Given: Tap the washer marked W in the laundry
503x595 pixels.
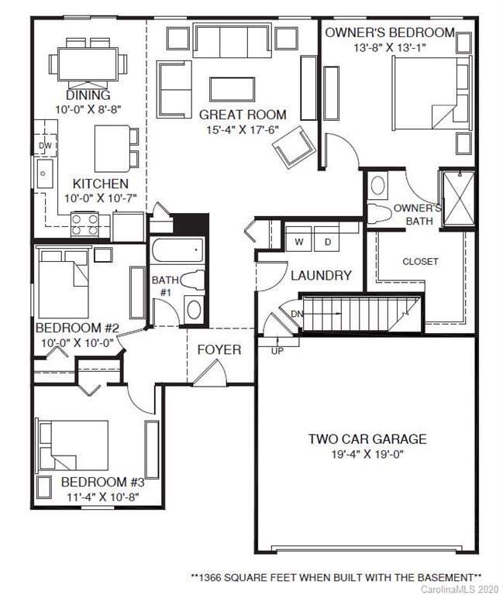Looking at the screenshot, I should [x=298, y=242].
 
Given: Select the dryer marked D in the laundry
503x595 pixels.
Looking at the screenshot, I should [x=327, y=242].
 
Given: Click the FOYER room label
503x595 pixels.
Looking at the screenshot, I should [x=219, y=349].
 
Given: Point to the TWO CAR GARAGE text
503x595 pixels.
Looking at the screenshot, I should [x=367, y=439].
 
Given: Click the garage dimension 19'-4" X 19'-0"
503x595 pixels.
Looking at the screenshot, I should [x=367, y=455].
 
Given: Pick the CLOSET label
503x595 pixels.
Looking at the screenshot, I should [x=420, y=261].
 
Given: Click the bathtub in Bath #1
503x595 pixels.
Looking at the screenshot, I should [x=177, y=250].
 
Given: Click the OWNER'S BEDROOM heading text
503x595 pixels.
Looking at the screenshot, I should [x=389, y=33].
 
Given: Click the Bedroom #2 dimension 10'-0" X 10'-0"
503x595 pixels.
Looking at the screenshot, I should [x=75, y=342].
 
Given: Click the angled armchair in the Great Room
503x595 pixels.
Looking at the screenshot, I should [x=291, y=146].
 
